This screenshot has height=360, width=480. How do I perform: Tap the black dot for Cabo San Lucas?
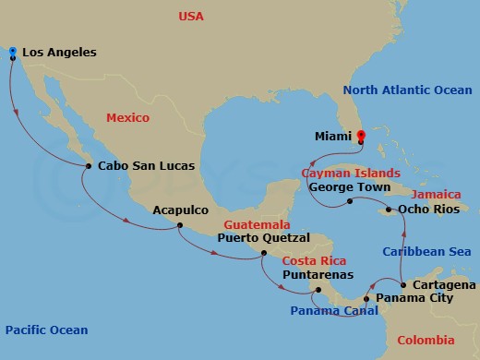click(x=87, y=166)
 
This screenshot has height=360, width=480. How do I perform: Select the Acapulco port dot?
click(x=179, y=225)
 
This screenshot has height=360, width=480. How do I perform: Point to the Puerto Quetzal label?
click(x=262, y=237)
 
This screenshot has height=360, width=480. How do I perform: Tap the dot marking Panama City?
click(x=367, y=299)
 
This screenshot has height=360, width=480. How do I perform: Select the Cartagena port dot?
click(x=403, y=284)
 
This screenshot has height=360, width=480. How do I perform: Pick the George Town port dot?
click(x=350, y=200)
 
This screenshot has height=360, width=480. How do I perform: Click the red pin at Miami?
click(x=361, y=137)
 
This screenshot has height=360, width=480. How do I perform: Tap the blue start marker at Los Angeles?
click(x=12, y=52)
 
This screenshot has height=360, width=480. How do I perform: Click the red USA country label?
click(x=190, y=17)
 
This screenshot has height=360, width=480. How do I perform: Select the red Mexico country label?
click(x=128, y=118)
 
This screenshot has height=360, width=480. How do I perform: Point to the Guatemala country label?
click(x=252, y=224)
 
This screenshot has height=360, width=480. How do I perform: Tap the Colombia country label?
click(x=426, y=342)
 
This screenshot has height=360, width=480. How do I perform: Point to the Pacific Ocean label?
click(x=46, y=330)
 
